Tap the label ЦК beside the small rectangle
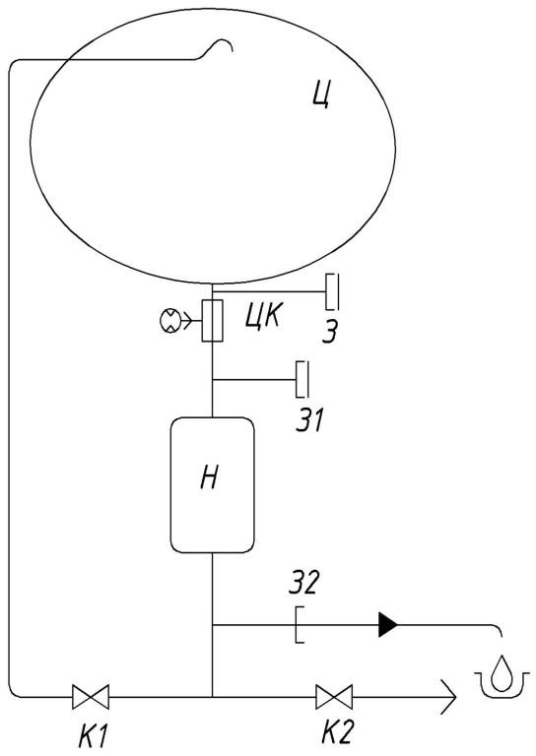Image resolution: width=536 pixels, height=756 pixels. (263, 317)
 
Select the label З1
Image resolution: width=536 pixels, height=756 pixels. (309, 420)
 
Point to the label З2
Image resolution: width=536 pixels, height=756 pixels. (303, 582)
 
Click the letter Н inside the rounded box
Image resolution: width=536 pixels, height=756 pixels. (210, 478)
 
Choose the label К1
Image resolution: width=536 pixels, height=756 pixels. (93, 735)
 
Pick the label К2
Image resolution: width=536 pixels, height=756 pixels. (338, 732)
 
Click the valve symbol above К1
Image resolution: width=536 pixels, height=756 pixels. (91, 697)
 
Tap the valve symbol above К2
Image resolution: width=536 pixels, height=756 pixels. (334, 697)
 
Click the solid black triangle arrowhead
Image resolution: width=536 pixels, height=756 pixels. (388, 625)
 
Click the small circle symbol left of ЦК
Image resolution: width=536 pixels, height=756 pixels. (169, 321)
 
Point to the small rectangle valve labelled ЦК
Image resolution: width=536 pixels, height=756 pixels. (212, 321)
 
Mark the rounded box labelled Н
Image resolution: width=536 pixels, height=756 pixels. (212, 485)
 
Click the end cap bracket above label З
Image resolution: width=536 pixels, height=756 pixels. (332, 291)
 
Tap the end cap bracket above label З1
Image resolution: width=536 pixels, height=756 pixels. (302, 379)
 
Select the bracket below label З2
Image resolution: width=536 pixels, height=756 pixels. (300, 625)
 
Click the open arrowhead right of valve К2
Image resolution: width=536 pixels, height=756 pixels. (448, 697)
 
